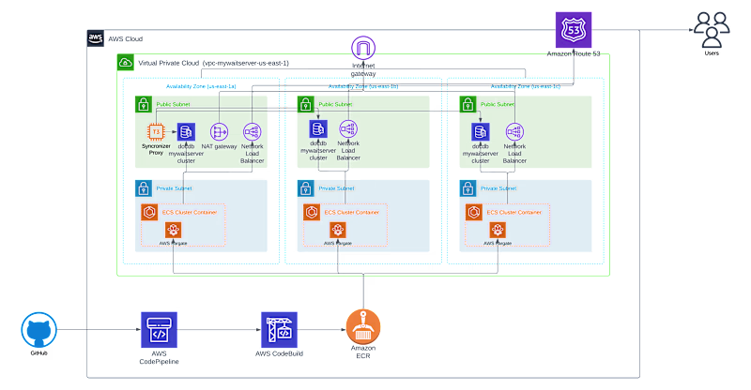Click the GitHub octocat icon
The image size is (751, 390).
tap(38, 330)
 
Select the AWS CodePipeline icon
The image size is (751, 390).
tap(158, 329)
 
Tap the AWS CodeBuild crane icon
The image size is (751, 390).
tap(279, 329)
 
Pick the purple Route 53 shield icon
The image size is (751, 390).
tap(573, 30)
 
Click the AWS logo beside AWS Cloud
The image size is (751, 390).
tap(96, 38)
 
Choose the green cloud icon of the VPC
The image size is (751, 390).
tap(126, 62)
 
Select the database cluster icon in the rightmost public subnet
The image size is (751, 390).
tap(481, 130)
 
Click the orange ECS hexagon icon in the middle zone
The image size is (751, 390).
tap(309, 213)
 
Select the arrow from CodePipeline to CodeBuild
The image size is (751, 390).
tap(217, 330)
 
